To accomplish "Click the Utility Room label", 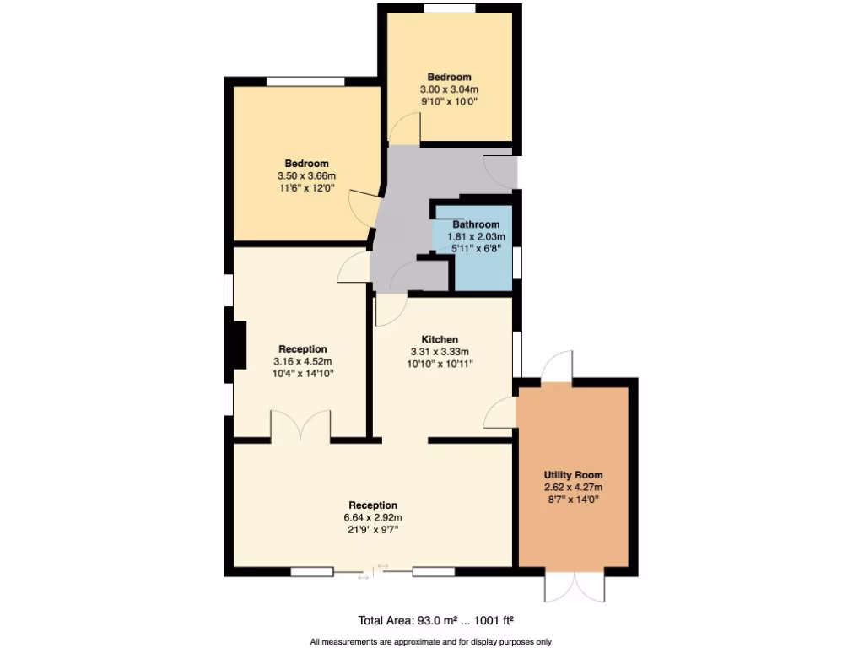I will click(x=574, y=475).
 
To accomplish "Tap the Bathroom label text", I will click(x=476, y=224).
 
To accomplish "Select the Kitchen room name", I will click(x=440, y=339).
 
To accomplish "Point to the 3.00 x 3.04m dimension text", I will click(x=449, y=89).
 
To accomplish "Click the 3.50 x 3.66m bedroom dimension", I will click(x=306, y=175).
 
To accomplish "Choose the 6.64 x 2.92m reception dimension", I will click(x=373, y=517).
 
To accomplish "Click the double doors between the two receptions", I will click(x=300, y=426).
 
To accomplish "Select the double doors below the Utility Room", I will click(x=575, y=586).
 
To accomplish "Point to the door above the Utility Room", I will click(x=557, y=367).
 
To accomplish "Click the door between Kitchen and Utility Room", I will click(x=502, y=413).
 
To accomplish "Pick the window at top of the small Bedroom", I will click(x=449, y=9).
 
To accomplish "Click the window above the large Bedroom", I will click(x=305, y=81).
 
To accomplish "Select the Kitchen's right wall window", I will click(x=517, y=353).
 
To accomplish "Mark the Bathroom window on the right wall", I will click(x=517, y=261).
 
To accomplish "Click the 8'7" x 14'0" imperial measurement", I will click(x=574, y=499).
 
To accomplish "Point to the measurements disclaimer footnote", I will click(x=431, y=642).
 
